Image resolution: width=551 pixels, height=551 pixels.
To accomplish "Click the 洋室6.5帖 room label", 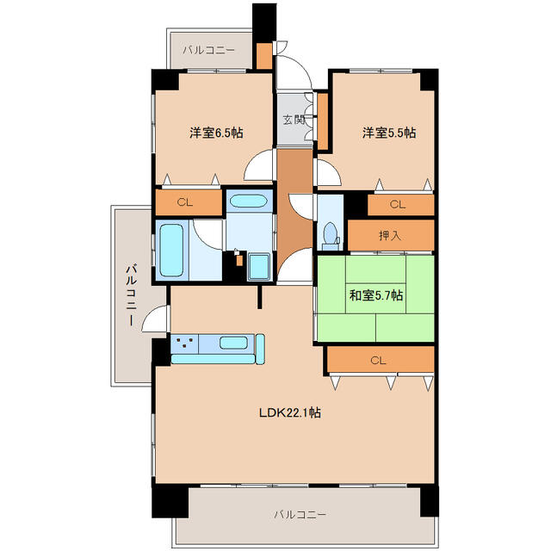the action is coord(216,133).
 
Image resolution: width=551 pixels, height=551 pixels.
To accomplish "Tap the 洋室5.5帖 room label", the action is coord(389,133).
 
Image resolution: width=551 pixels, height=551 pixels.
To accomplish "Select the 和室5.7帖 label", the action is coord(375,295).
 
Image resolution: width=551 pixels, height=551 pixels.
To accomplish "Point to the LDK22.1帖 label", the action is coord(290,412).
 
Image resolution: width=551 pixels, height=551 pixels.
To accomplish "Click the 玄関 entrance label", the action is coord(294,121).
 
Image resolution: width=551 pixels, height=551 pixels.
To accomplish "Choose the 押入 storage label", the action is coord(390,236).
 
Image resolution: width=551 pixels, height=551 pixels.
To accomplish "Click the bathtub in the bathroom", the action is coord(171,251).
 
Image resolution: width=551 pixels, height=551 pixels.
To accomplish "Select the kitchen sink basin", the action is coord(233,343).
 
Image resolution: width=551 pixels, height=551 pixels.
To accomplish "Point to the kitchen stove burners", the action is coord(184,343).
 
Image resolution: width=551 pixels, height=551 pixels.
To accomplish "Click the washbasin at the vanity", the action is coord(249,201).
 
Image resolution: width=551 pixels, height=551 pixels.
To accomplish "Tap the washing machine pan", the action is coord(259,267).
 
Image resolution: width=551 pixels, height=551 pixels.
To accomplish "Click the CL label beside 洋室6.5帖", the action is coord(184,202).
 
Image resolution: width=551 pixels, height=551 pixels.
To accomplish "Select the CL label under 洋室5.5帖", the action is coord(398,205).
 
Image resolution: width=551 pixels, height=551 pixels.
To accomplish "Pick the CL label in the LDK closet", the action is coord(378,361).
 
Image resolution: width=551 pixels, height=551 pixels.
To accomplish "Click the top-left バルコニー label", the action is coord(208,50).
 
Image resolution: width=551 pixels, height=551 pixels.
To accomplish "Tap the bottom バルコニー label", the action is coord(300,515).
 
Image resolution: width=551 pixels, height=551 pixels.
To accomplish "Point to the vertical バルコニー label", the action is coord(132,295).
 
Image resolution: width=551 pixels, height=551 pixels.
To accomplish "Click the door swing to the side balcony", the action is coord(155,319).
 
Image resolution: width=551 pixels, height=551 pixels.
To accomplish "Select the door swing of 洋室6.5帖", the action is coord(258,164).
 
